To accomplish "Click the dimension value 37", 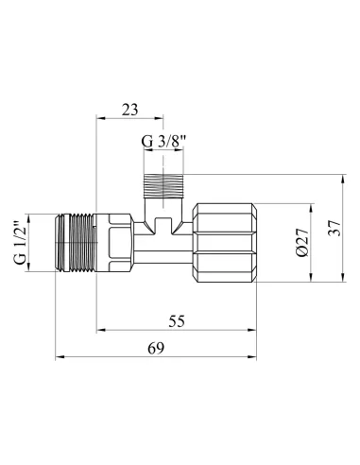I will coord(332,230).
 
